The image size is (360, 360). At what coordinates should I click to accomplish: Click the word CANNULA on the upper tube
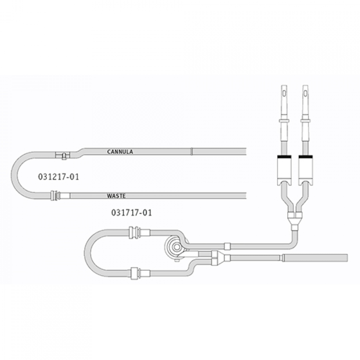click(x=120, y=152)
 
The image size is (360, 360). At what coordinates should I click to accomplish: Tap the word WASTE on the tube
click(x=116, y=196)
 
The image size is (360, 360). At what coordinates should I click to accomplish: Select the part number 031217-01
click(x=58, y=177)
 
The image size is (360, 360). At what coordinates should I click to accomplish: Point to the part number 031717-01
click(x=132, y=213)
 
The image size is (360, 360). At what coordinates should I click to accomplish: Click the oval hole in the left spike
click(x=284, y=94)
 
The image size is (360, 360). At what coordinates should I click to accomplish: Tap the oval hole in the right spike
click(x=306, y=94)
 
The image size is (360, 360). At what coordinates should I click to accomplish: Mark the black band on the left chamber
click(x=284, y=157)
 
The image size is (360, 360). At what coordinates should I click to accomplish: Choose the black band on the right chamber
click(x=306, y=157)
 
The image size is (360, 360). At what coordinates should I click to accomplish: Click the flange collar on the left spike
click(x=284, y=121)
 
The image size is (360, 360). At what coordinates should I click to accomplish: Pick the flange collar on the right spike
click(x=306, y=121)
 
